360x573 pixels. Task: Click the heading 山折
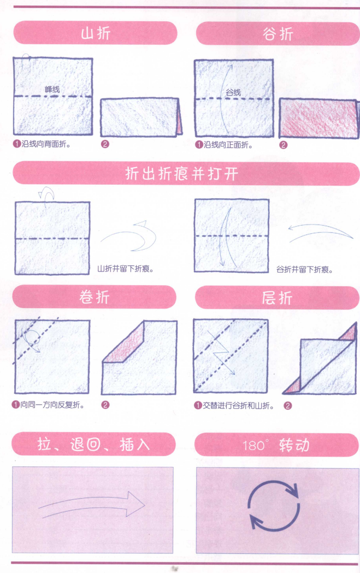tap(95, 33)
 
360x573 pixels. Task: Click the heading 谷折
tap(278, 34)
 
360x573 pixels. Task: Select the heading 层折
tap(277, 297)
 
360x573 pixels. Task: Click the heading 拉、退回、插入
tap(93, 444)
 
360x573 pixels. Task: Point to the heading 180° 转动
tap(276, 444)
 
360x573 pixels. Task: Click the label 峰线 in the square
tap(52, 88)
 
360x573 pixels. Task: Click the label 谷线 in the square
tap(233, 92)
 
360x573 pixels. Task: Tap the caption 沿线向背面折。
tap(46, 145)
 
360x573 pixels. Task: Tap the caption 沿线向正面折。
tap(227, 145)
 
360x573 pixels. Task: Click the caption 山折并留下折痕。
tap(125, 269)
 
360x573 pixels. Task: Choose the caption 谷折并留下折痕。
tap(305, 269)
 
